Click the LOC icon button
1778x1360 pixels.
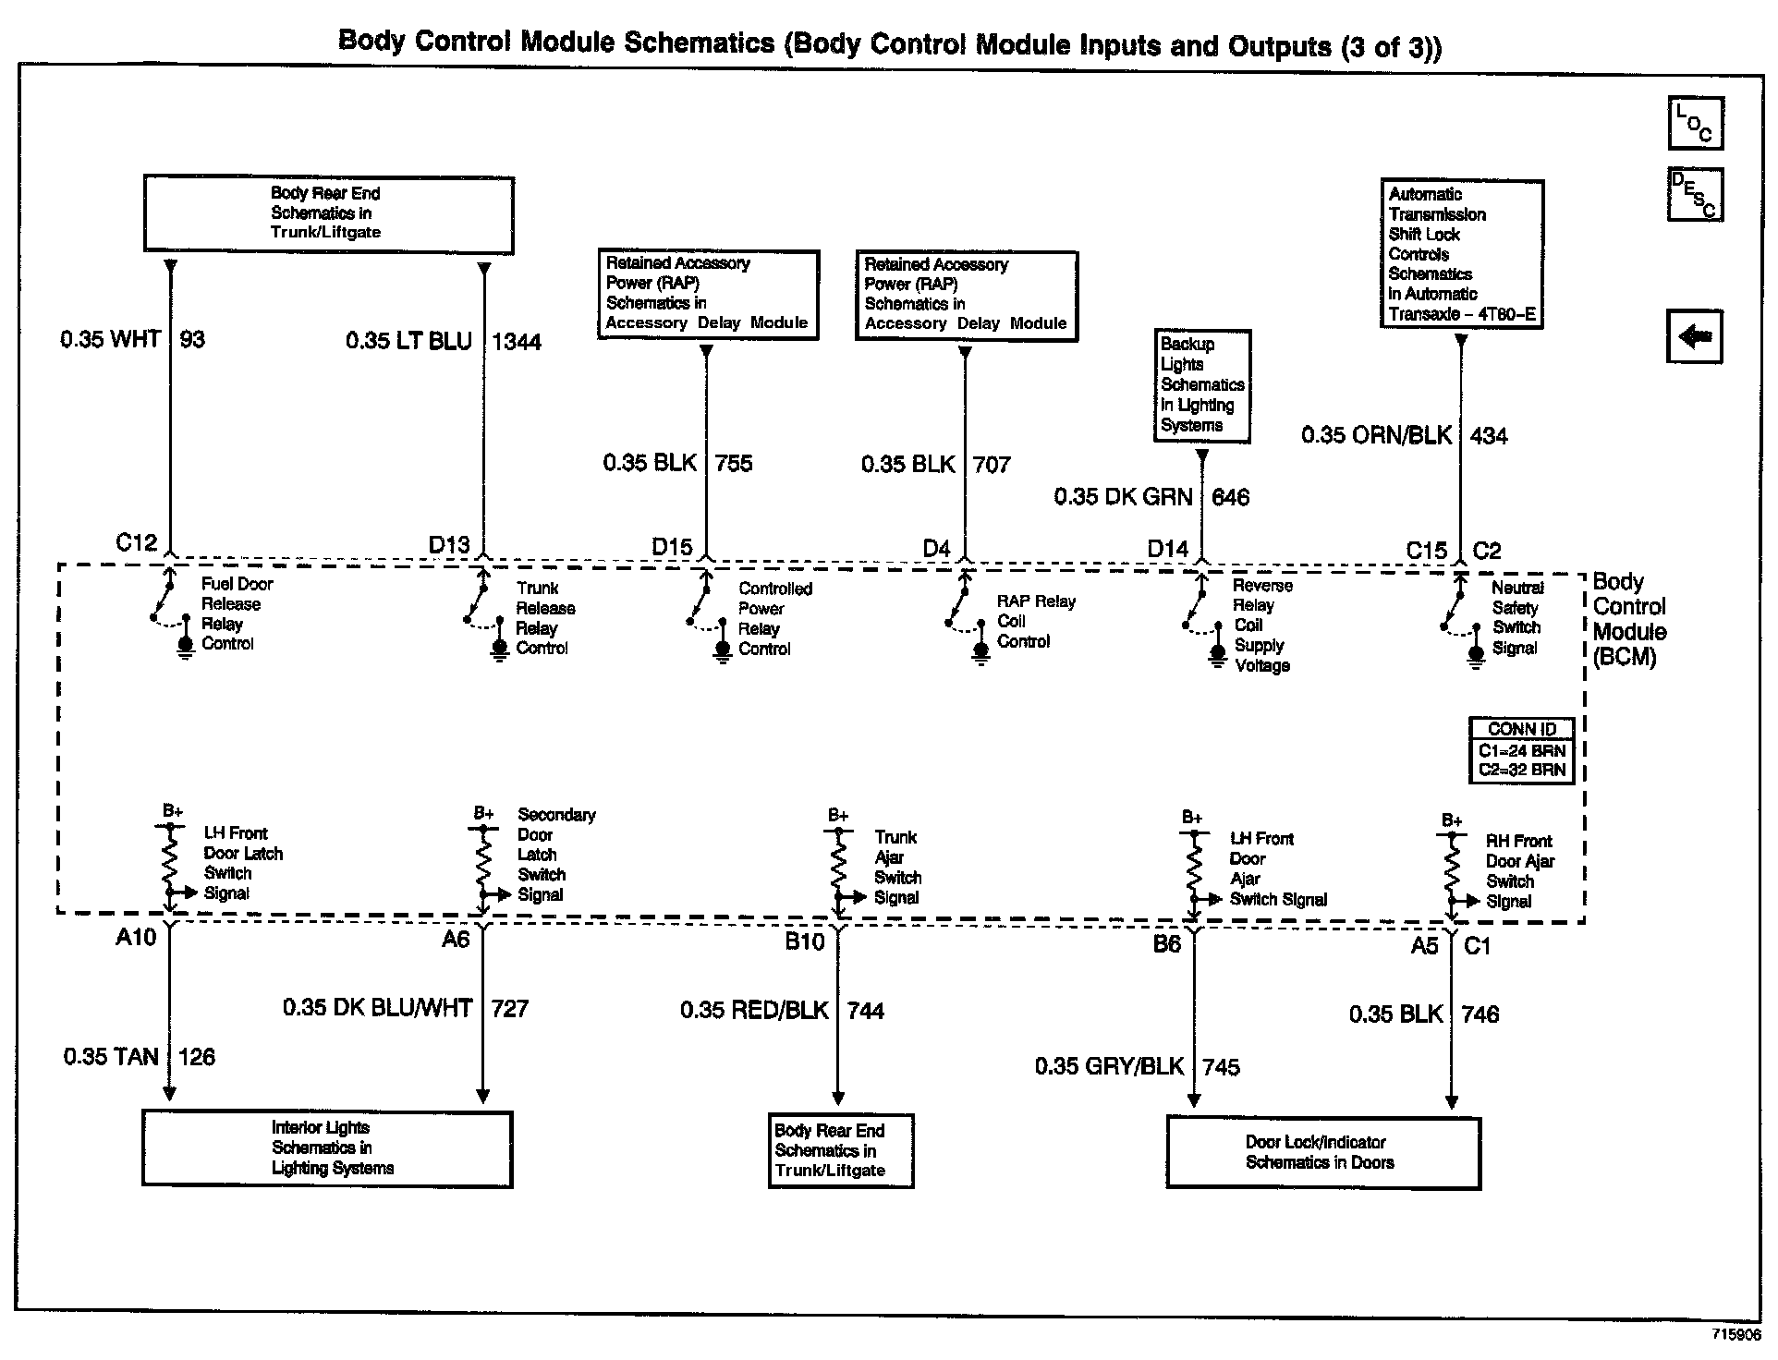1695,123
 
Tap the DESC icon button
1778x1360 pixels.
1695,195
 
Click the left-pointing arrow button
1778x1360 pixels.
1695,336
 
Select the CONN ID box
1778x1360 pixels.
1521,750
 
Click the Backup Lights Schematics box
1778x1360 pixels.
1201,385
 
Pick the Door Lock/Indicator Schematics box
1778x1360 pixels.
1322,1152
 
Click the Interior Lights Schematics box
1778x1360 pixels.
327,1147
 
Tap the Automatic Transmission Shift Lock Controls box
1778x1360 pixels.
1461,254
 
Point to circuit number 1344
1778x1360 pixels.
517,342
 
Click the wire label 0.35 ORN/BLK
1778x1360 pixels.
1376,435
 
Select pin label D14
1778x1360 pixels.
1167,549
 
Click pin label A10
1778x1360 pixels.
136,938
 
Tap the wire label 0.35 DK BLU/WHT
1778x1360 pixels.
377,1008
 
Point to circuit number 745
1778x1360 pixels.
1221,1067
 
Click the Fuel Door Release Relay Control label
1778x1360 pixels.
237,613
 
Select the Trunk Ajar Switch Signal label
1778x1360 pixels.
897,867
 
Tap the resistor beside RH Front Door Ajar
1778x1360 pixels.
1451,866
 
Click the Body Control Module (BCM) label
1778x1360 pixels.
1629,620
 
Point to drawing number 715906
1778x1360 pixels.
1735,1335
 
